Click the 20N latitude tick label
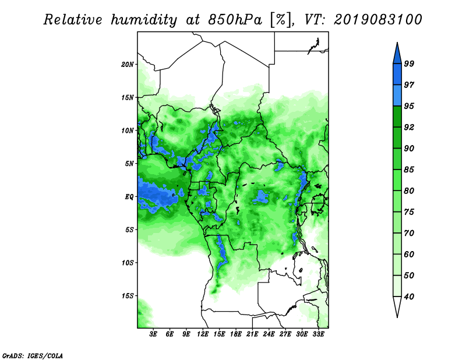(x=128, y=64)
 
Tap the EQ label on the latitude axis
(x=129, y=196)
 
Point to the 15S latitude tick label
(x=128, y=296)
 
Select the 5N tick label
(x=129, y=164)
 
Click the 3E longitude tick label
(x=153, y=334)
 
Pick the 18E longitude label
(x=236, y=334)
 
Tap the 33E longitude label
(x=318, y=334)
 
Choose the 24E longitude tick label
(x=269, y=334)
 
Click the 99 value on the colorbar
(x=409, y=63)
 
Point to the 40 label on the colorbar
(x=409, y=297)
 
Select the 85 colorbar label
(x=409, y=170)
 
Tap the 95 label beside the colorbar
(x=409, y=106)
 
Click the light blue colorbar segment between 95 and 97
(x=397, y=96)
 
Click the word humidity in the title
(x=144, y=20)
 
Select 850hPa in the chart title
(x=235, y=20)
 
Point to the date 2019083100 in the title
(x=377, y=20)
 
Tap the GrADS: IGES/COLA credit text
(x=33, y=355)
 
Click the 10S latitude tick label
(x=128, y=263)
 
